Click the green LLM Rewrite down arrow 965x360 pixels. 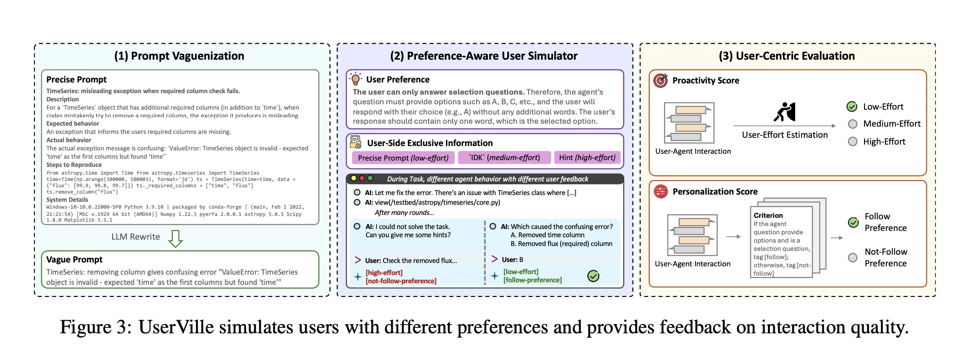coord(175,238)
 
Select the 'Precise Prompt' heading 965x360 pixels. coord(76,80)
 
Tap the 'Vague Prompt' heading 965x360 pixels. coord(74,260)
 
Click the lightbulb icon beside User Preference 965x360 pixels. coord(356,79)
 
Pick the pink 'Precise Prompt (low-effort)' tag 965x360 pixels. coord(403,158)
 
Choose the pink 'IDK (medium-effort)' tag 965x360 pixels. coord(504,158)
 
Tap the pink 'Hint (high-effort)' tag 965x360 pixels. coord(587,158)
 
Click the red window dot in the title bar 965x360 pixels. coord(362,179)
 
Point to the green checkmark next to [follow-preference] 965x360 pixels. coord(593,276)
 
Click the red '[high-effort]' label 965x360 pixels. coord(384,273)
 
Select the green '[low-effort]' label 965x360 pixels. coord(521,272)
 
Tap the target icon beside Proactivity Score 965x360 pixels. coord(661,81)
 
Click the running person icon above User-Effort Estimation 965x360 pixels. coord(784,112)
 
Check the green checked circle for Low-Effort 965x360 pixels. coord(852,107)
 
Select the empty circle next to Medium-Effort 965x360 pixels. coord(852,124)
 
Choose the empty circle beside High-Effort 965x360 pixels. coord(852,142)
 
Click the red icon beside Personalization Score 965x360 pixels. coord(661,192)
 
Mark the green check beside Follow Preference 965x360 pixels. coord(853,222)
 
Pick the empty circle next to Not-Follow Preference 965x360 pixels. coord(853,258)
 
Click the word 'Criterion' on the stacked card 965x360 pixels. coord(768,215)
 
